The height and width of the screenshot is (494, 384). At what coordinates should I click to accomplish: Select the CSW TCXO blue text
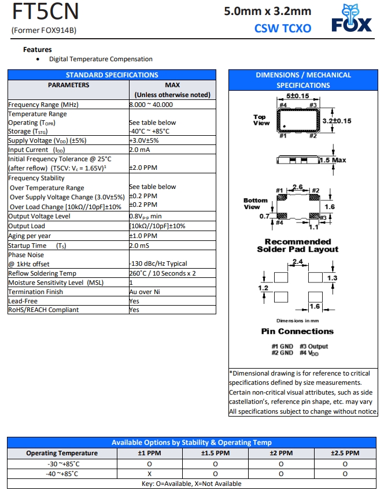click(282, 28)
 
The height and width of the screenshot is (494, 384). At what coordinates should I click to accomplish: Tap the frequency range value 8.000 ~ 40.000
click(150, 105)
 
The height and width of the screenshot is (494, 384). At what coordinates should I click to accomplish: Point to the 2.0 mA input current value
click(140, 149)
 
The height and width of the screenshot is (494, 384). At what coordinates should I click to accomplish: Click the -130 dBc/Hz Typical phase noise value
click(158, 264)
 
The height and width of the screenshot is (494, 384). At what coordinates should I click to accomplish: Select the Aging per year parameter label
click(29, 236)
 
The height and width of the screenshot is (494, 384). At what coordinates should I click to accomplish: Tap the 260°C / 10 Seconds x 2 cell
click(162, 273)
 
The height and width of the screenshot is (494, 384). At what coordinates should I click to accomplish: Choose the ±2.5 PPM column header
click(345, 453)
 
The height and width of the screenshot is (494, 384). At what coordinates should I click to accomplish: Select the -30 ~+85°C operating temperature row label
click(64, 463)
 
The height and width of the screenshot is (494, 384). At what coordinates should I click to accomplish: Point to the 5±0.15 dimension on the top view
click(297, 96)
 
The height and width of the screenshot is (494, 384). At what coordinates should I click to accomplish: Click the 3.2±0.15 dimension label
click(336, 121)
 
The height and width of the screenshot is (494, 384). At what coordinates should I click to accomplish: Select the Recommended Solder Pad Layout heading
click(297, 246)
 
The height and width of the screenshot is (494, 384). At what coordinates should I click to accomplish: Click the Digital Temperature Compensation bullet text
click(101, 59)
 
